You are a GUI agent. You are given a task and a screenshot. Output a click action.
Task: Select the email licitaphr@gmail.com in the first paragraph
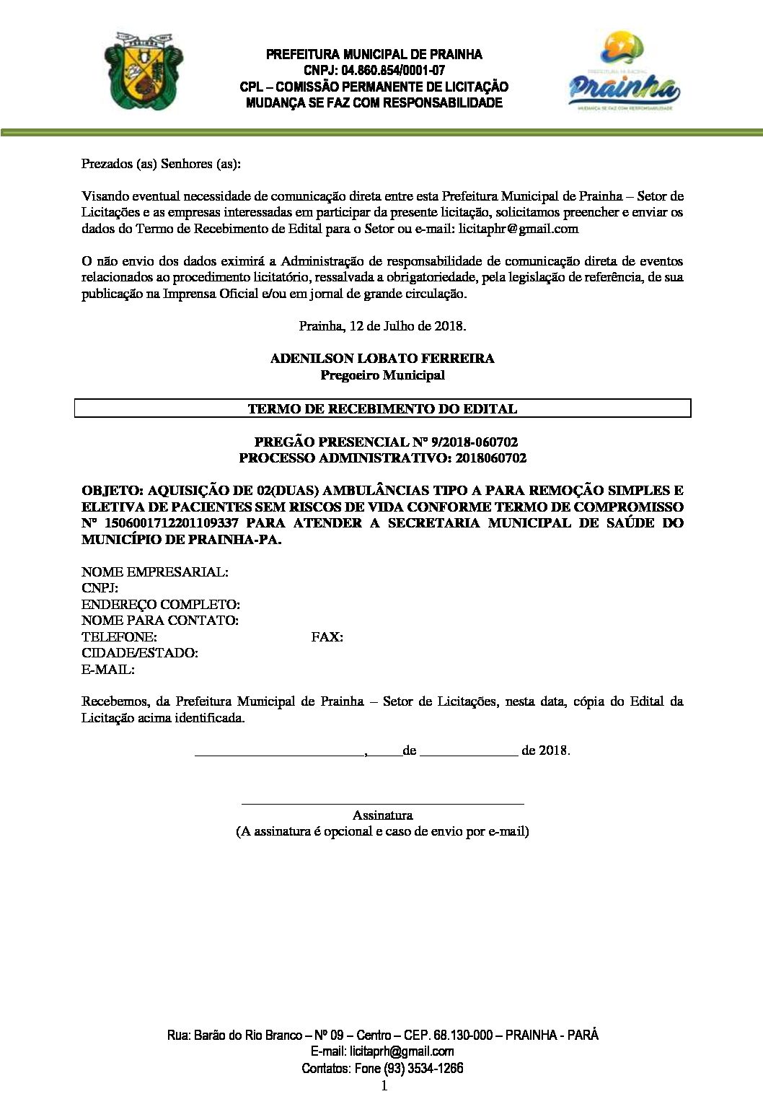click(519, 229)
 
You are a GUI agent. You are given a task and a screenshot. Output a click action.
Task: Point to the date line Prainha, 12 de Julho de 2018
click(382, 325)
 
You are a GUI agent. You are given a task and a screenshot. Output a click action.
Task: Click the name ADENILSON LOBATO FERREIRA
click(382, 359)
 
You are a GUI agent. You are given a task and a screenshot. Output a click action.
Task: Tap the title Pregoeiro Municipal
click(382, 375)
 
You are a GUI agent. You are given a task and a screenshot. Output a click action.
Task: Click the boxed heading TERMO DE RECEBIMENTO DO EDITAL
click(382, 408)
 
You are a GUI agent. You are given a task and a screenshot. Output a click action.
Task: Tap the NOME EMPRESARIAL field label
click(154, 572)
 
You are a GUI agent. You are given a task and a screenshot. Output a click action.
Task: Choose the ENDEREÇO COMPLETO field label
click(160, 604)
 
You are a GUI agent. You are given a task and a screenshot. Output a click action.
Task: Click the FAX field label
click(327, 637)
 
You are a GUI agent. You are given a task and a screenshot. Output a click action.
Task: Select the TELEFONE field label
click(119, 637)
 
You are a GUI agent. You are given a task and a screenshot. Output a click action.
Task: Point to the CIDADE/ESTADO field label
click(140, 653)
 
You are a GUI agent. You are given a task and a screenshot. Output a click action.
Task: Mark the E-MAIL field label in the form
click(108, 670)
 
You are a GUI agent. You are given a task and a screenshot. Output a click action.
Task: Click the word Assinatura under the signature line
click(382, 815)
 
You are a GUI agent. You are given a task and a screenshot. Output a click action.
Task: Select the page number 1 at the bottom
click(384, 1086)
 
